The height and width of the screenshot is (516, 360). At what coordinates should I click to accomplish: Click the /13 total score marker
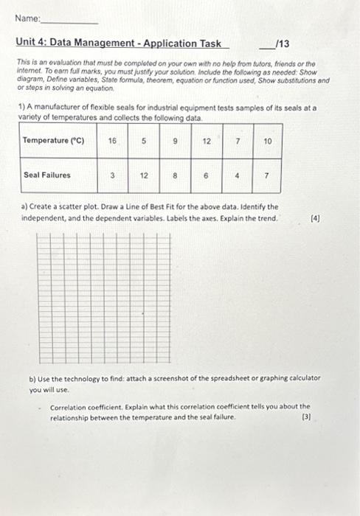tap(281, 44)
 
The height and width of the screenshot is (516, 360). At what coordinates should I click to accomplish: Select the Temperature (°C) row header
tap(54, 140)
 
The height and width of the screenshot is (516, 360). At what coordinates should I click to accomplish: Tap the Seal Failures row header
tap(47, 175)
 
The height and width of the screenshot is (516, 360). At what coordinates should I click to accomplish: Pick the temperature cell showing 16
tap(111, 139)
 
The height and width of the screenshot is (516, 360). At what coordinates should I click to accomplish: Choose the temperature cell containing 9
tap(175, 139)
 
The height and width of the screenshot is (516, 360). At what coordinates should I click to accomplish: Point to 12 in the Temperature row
tap(207, 139)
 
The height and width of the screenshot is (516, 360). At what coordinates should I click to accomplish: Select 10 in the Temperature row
tap(267, 139)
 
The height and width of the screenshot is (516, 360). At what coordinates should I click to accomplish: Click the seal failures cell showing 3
tap(111, 175)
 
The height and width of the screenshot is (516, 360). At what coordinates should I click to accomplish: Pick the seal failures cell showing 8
tap(175, 175)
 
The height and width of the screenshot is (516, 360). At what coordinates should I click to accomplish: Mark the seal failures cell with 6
tap(207, 175)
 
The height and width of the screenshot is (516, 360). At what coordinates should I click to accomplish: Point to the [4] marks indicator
tap(315, 219)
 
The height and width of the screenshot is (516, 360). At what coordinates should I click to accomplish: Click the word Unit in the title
tap(27, 44)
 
